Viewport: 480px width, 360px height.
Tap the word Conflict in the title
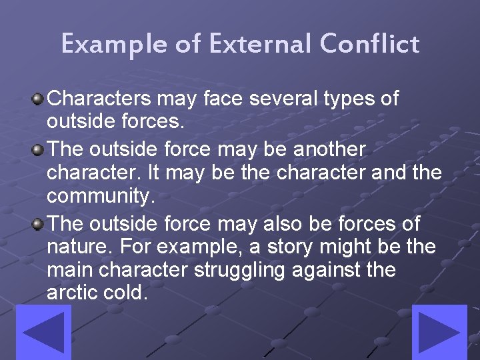(x=369, y=45)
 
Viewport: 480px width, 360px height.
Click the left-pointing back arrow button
(x=43, y=332)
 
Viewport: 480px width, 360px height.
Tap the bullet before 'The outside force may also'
(x=39, y=223)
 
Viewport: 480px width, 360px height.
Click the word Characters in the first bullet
(x=101, y=99)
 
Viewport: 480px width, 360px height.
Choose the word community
(x=100, y=197)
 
